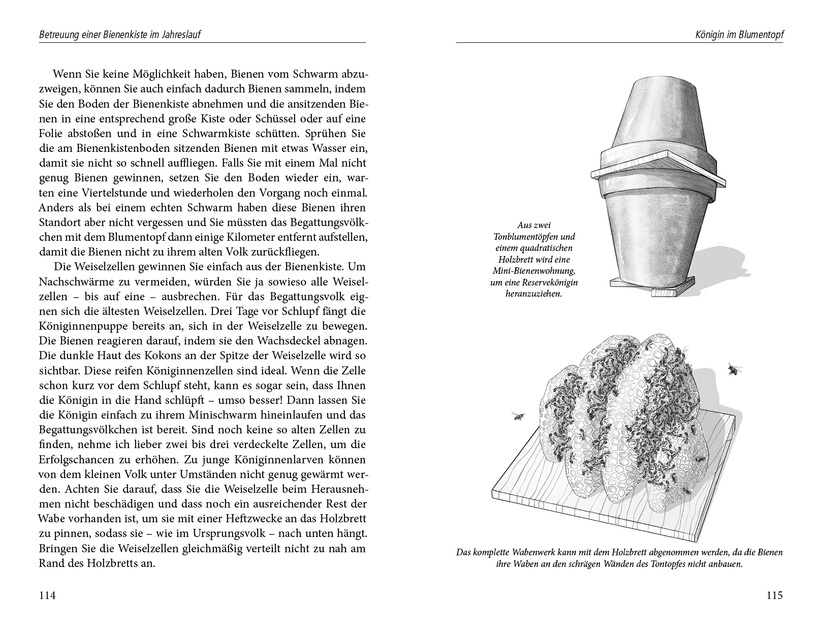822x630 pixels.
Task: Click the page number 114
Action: click(47, 595)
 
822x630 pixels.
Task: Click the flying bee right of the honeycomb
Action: click(733, 369)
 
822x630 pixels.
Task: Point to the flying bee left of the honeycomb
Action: click(518, 416)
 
